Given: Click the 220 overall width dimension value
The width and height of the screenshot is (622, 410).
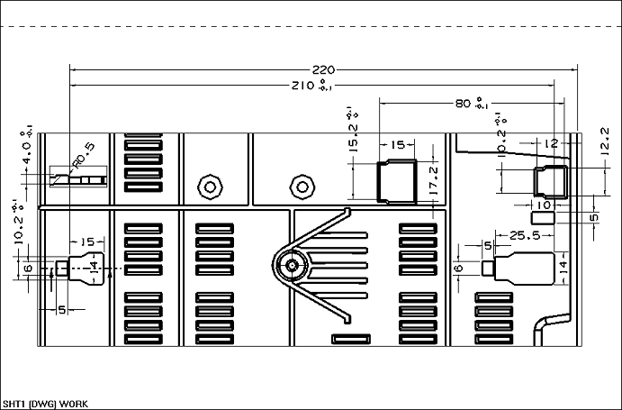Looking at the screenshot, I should coord(323,69).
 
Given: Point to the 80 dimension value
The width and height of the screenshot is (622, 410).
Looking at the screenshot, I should coord(463,104).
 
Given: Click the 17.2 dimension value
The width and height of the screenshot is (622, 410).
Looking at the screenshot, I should coord(434,181).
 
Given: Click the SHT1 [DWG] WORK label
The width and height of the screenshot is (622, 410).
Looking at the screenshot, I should coord(45,403).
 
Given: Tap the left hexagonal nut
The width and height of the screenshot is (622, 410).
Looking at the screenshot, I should coord(210,187).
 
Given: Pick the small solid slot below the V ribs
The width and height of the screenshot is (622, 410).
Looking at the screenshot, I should coord(351,339).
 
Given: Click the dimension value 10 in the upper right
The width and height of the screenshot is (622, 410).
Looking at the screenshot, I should coord(542,205).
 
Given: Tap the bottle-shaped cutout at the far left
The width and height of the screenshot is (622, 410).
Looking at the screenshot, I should coord(81,267).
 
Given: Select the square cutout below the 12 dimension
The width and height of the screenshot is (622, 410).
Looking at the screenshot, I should coord(550,181).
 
